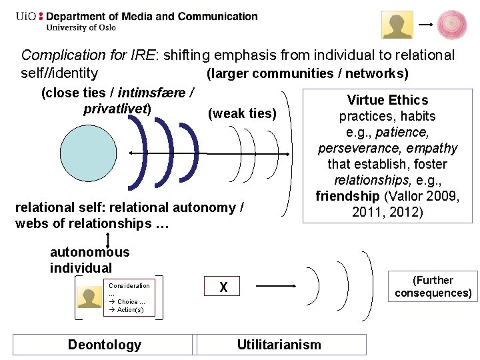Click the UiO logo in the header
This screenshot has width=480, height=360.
(x=27, y=16)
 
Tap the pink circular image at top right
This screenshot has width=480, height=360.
(x=451, y=25)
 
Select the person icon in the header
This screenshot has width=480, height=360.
(x=397, y=25)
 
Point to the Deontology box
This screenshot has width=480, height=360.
(x=104, y=345)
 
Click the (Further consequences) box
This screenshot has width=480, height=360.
(x=433, y=287)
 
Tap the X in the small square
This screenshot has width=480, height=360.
(x=224, y=287)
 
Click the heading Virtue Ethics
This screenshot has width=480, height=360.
(x=387, y=100)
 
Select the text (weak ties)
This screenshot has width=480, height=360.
(x=243, y=113)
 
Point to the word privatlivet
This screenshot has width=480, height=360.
(x=117, y=109)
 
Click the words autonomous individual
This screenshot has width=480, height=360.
(x=89, y=260)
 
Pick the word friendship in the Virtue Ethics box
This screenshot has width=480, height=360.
(x=347, y=196)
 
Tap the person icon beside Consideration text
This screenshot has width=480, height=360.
(x=89, y=297)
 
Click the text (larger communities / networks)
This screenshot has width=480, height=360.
(x=307, y=73)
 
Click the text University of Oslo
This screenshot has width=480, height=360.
(x=81, y=28)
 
